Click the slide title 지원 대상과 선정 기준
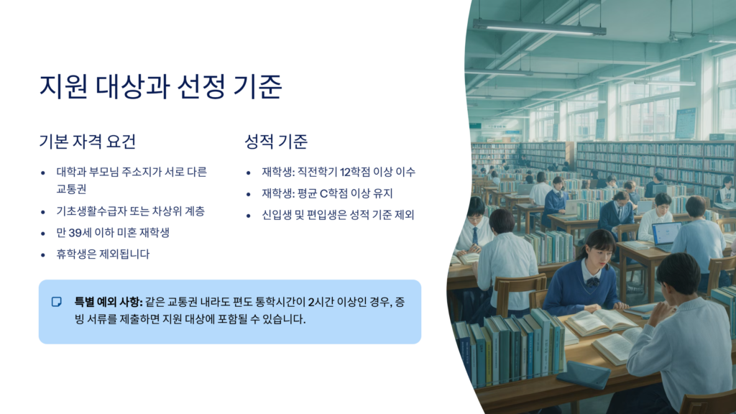[x=160, y=86]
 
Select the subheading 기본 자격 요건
[x=87, y=142]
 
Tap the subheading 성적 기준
[x=276, y=142]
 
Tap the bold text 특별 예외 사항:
[x=109, y=302]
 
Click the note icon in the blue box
[x=56, y=302]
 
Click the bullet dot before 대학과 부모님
[x=43, y=172]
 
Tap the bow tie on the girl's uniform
[x=592, y=282]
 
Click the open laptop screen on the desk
[x=666, y=234]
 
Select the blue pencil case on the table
[x=583, y=374]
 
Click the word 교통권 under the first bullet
[x=71, y=189]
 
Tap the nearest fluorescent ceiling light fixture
[x=539, y=27]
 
